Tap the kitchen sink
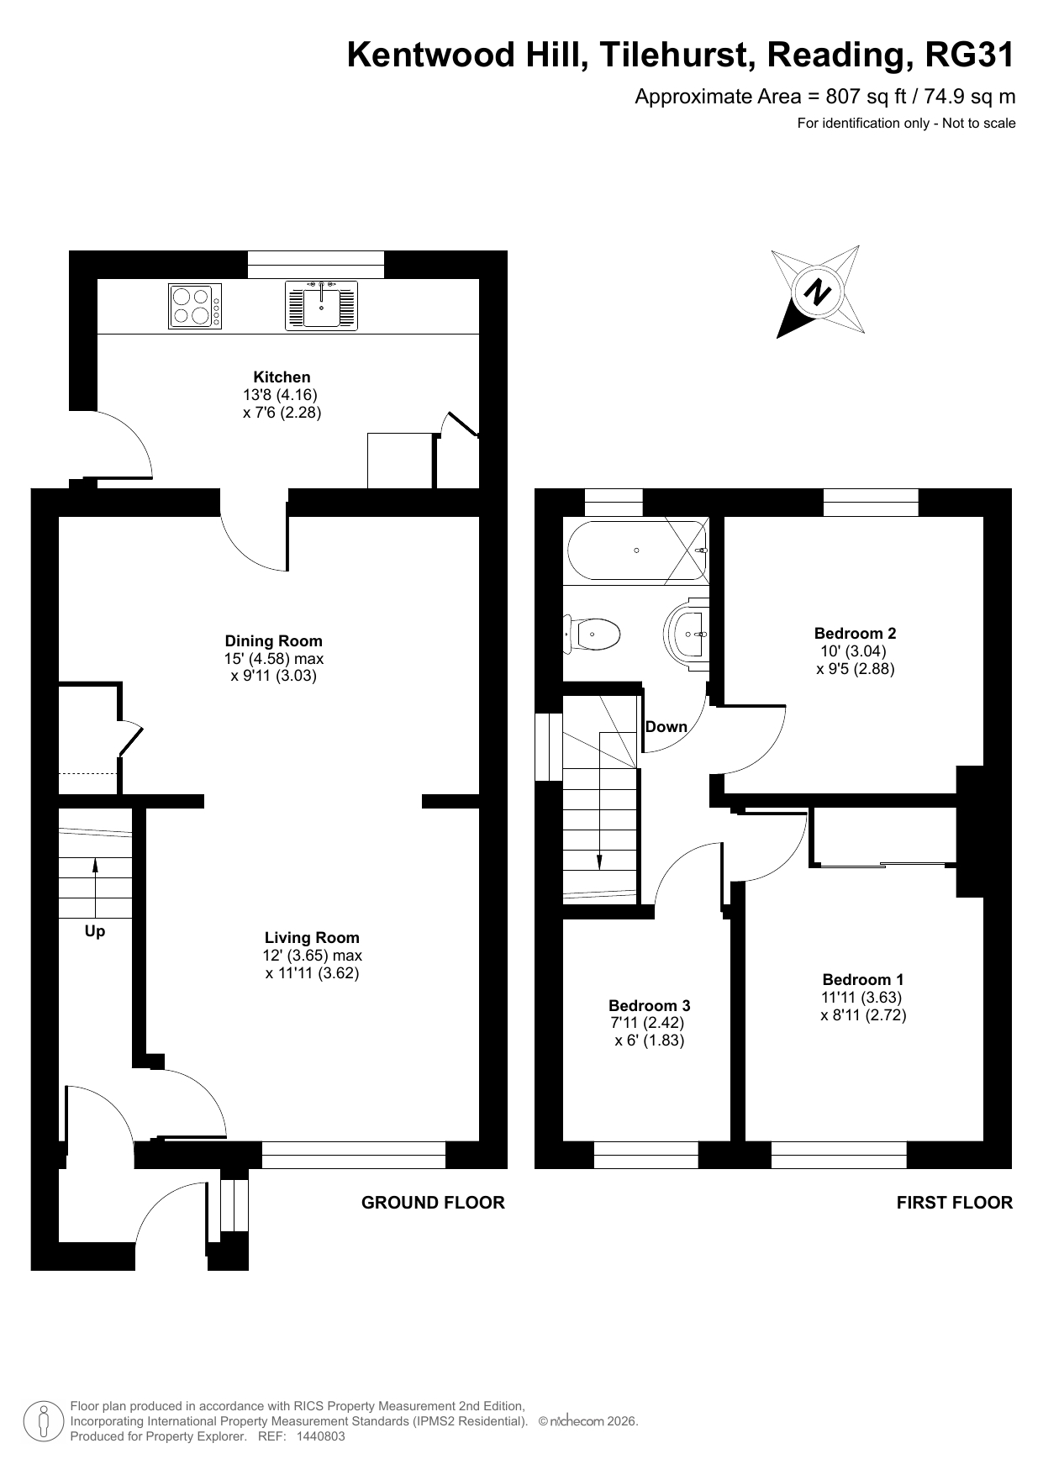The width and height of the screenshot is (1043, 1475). pyautogui.click(x=322, y=305)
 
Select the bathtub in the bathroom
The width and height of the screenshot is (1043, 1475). pyautogui.click(x=638, y=551)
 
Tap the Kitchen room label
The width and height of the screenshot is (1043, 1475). pyautogui.click(x=282, y=377)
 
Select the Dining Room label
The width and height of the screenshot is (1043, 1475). pyautogui.click(x=274, y=640)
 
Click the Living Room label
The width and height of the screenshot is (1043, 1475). pyautogui.click(x=312, y=937)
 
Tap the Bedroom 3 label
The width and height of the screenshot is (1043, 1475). pyautogui.click(x=650, y=1005)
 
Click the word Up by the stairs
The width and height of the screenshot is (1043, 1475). pyautogui.click(x=95, y=931)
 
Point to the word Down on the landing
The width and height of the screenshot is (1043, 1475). pyautogui.click(x=666, y=727)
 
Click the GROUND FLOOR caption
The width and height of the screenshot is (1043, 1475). pyautogui.click(x=433, y=1203)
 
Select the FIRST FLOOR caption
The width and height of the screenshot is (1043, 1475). pyautogui.click(x=955, y=1203)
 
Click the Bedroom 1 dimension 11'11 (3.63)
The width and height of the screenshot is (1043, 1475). pyautogui.click(x=861, y=998)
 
